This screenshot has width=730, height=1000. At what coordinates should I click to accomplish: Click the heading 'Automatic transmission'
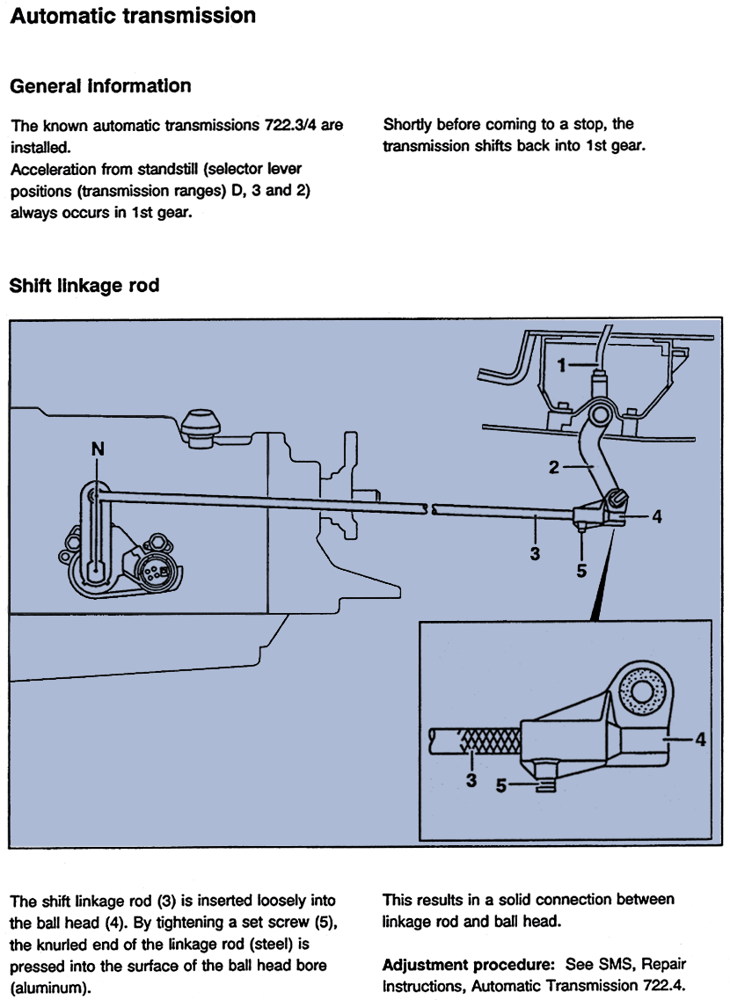click(133, 17)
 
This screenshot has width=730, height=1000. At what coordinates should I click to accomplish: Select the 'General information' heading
click(99, 86)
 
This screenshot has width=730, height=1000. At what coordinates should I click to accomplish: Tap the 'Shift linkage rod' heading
click(84, 286)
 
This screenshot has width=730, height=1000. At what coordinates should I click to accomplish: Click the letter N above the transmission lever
click(98, 449)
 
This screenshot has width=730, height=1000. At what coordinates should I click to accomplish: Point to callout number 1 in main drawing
click(562, 366)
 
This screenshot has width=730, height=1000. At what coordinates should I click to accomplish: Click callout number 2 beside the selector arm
click(554, 467)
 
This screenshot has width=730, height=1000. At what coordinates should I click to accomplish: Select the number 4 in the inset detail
click(700, 740)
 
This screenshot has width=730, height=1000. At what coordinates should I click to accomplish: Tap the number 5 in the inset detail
click(501, 787)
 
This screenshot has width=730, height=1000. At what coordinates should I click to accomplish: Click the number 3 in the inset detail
click(471, 780)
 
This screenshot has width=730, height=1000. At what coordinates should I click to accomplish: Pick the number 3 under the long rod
click(536, 554)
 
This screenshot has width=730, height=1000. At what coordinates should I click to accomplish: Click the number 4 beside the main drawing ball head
click(656, 517)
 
